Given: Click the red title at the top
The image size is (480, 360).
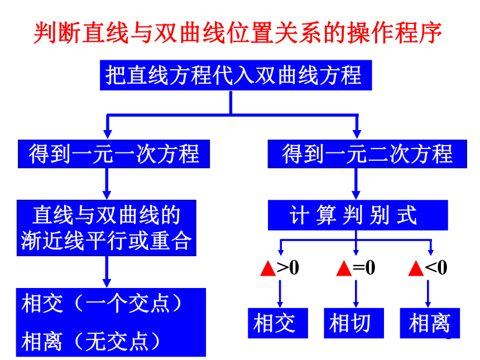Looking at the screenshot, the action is tap(238, 33).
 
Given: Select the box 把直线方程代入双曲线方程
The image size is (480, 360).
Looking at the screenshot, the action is tap(236, 75).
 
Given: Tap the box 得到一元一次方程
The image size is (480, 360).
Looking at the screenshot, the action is tap(114, 154).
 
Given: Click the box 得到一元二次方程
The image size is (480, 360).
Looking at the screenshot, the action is tap(367, 154).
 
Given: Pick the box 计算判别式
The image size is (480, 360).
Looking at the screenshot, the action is tap(358, 215).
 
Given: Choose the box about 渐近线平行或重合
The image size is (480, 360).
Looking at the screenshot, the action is tap(107, 228).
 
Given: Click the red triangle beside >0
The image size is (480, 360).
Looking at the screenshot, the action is tap(268, 268).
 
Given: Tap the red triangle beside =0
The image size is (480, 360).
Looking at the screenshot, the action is tap(344, 268).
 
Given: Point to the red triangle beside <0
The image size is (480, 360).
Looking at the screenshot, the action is tap(416, 268).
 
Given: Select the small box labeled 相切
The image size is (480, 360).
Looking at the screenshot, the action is tap(354, 323).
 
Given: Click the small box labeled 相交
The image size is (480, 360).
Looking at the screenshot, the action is tap(278, 323).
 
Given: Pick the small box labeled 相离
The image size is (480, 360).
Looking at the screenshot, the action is tap(430, 323).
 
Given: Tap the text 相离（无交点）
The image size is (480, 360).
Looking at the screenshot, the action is tap(91, 341).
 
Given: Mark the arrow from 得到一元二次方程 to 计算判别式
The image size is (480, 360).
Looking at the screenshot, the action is tap(356, 184).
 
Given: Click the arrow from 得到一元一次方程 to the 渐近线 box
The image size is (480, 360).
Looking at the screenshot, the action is tap(107, 184).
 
